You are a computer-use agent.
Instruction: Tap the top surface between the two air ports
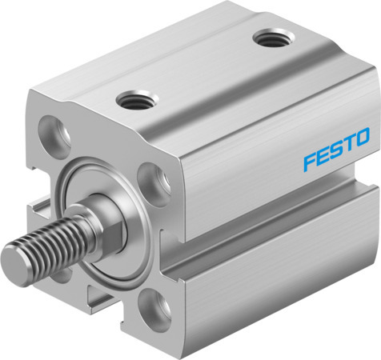200,68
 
